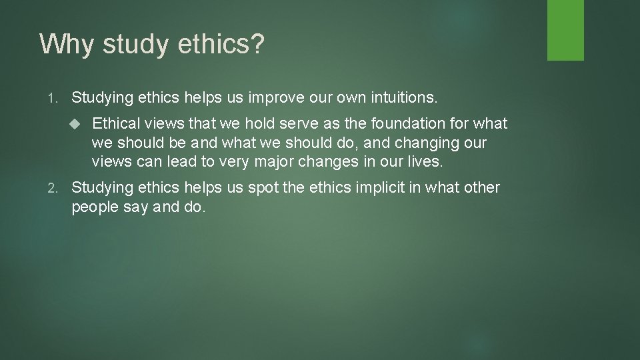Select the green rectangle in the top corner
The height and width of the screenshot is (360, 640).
[565, 30]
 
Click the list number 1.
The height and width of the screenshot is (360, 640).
[53, 99]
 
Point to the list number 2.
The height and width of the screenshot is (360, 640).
[53, 189]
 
